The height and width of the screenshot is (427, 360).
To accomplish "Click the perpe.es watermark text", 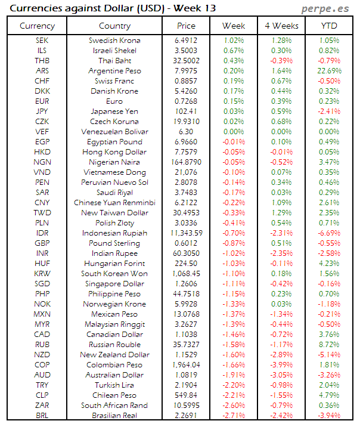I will coord(325,8).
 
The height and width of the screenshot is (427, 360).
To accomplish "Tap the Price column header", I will coord(186,26).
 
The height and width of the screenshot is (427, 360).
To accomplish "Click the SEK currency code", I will coord(42,41).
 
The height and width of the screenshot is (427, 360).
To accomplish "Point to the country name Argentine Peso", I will coord(114,71).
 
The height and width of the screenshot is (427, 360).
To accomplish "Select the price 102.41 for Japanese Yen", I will coord(186,111).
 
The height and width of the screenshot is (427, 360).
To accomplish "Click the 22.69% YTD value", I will coord(329,71).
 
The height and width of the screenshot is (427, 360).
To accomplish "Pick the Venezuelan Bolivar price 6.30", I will coord(186,131).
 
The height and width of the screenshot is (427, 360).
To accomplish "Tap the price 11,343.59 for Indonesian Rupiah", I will coord(186,233).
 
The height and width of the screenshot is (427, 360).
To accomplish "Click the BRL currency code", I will coord(42,415).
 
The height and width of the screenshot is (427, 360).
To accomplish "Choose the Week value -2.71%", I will coord(233,415).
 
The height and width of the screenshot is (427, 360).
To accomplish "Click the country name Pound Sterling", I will coord(114,243).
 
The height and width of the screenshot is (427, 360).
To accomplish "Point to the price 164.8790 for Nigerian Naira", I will coord(186,162).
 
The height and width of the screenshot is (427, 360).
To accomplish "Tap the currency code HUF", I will coord(42,263).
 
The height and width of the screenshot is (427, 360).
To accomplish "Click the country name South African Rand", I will coord(114,405).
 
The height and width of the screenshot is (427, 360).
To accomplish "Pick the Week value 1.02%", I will coord(233,41).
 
